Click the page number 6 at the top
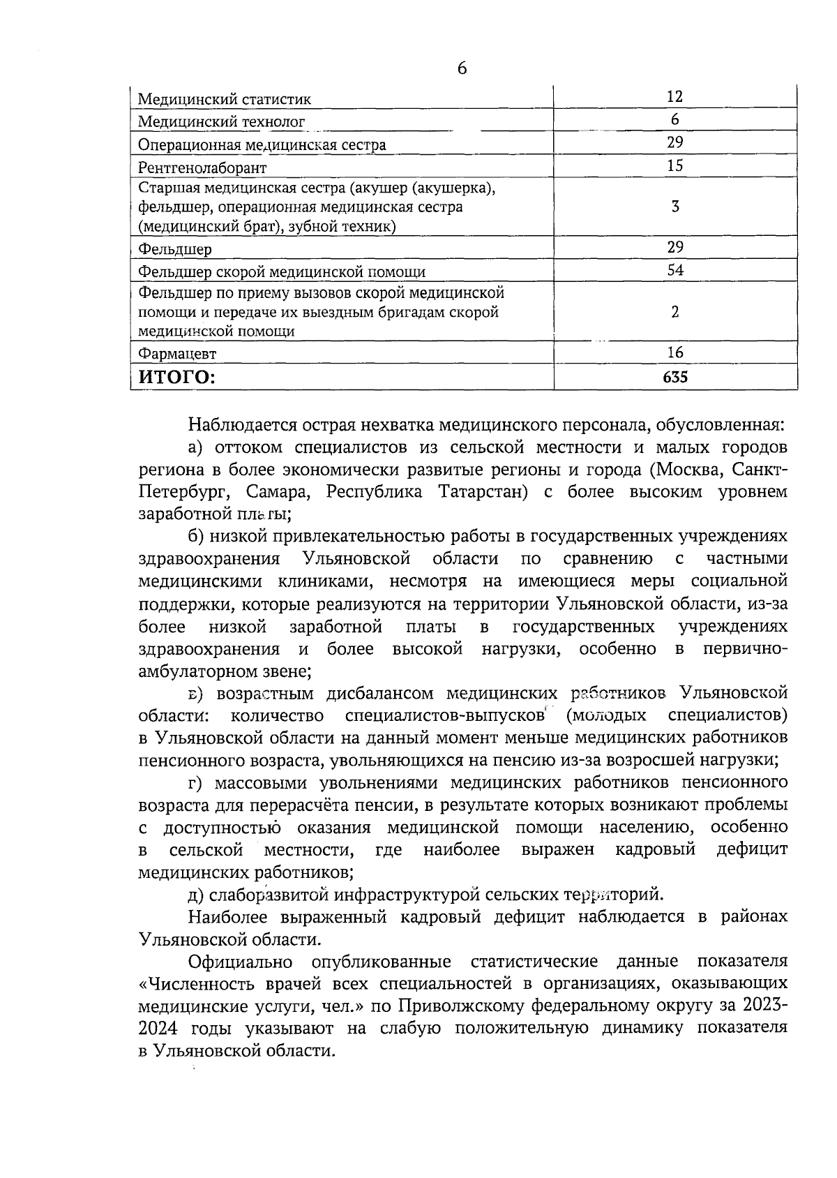[461, 68]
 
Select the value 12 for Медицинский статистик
[674, 96]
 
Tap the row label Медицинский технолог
[221, 122]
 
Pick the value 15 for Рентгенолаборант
[674, 165]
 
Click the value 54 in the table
[674, 270]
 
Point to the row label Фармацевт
[177, 354]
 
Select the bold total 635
[674, 378]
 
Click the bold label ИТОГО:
[177, 378]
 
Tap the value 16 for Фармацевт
[674, 352]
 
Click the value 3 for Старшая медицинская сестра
[675, 207]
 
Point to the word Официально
[240, 961]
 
